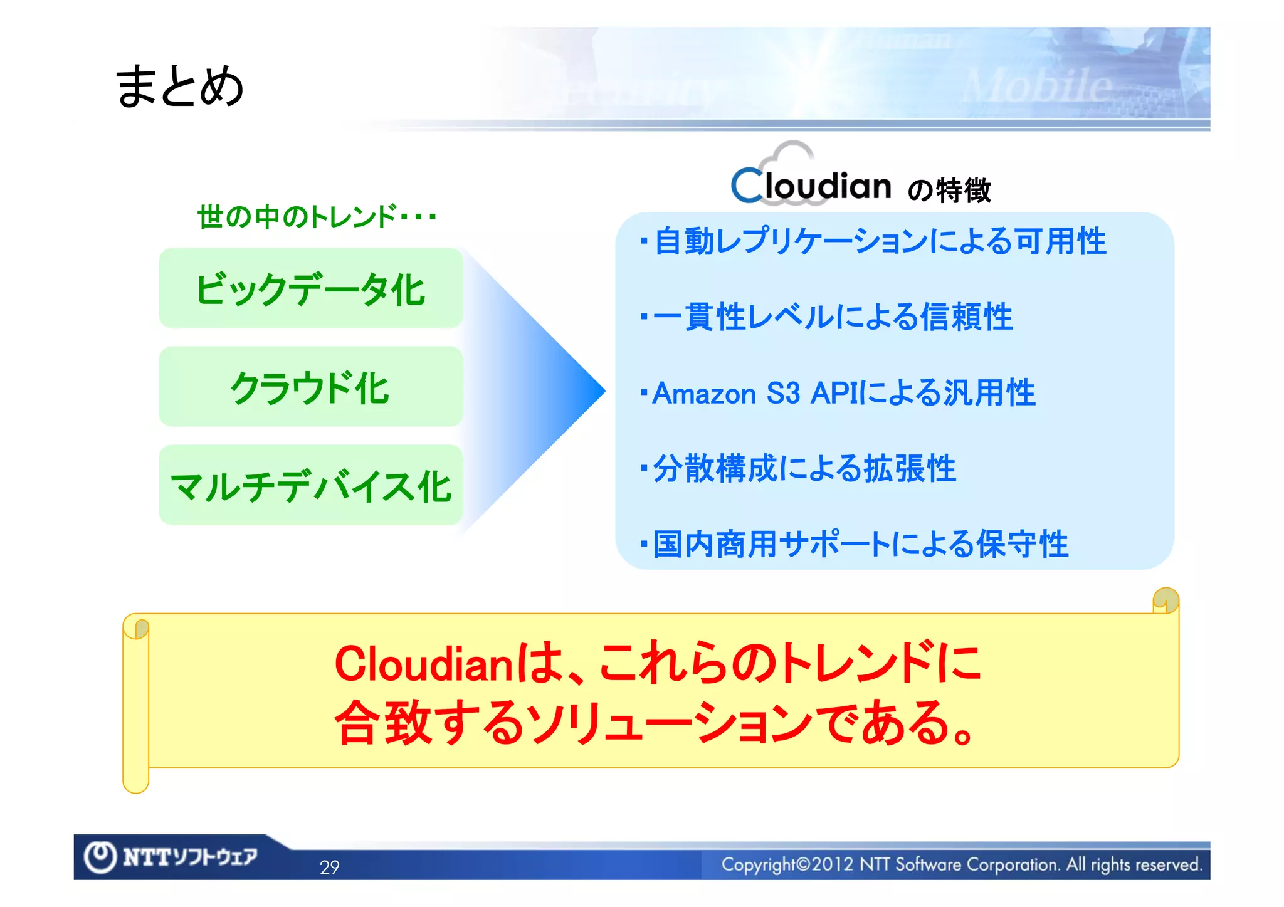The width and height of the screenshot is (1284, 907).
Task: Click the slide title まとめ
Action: tap(179, 86)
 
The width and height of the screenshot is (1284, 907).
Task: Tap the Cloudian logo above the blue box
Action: tap(811, 182)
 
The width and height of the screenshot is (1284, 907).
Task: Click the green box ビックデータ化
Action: tap(311, 289)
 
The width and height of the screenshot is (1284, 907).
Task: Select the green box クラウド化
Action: tap(311, 387)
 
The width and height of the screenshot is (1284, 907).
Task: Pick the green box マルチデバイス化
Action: tap(311, 486)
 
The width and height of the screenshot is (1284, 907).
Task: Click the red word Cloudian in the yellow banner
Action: tap(424, 664)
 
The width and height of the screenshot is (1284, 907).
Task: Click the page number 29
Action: tap(329, 867)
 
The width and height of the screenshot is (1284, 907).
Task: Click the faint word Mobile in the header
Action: tap(1038, 87)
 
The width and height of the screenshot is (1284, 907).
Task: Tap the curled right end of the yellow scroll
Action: tap(1166, 600)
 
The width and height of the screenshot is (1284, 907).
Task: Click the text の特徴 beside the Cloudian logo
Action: tap(949, 190)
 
